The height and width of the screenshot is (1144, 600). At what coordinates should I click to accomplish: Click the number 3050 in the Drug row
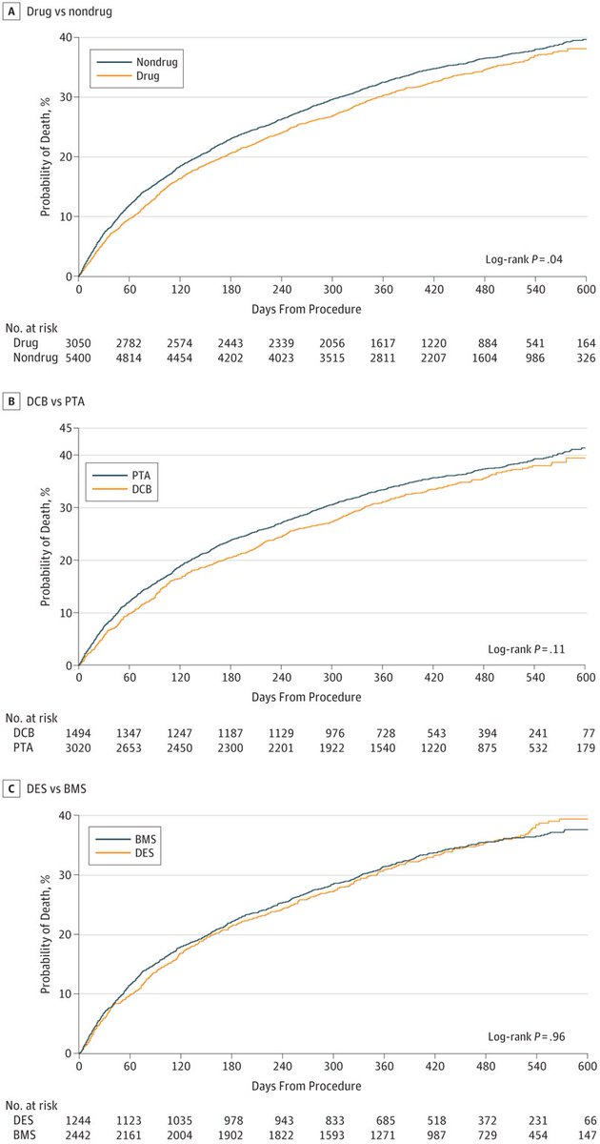79,341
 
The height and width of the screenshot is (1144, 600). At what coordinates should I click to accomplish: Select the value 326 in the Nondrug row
588,357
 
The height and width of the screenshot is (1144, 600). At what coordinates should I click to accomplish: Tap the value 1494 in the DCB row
79,730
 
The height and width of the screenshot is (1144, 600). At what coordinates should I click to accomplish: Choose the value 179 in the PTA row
588,746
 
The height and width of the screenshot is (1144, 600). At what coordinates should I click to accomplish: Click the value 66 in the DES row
590,1119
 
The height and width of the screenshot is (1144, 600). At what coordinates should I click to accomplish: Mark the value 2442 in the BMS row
79,1135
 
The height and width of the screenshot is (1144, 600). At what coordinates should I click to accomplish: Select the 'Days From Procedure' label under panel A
331,308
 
